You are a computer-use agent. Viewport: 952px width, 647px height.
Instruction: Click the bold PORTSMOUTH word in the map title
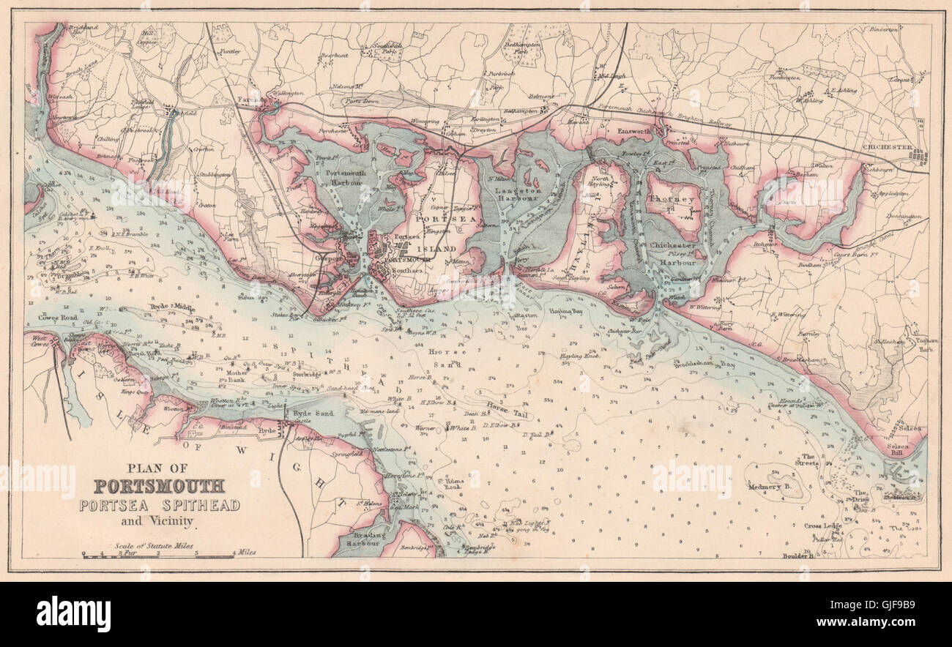coord(159,486)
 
